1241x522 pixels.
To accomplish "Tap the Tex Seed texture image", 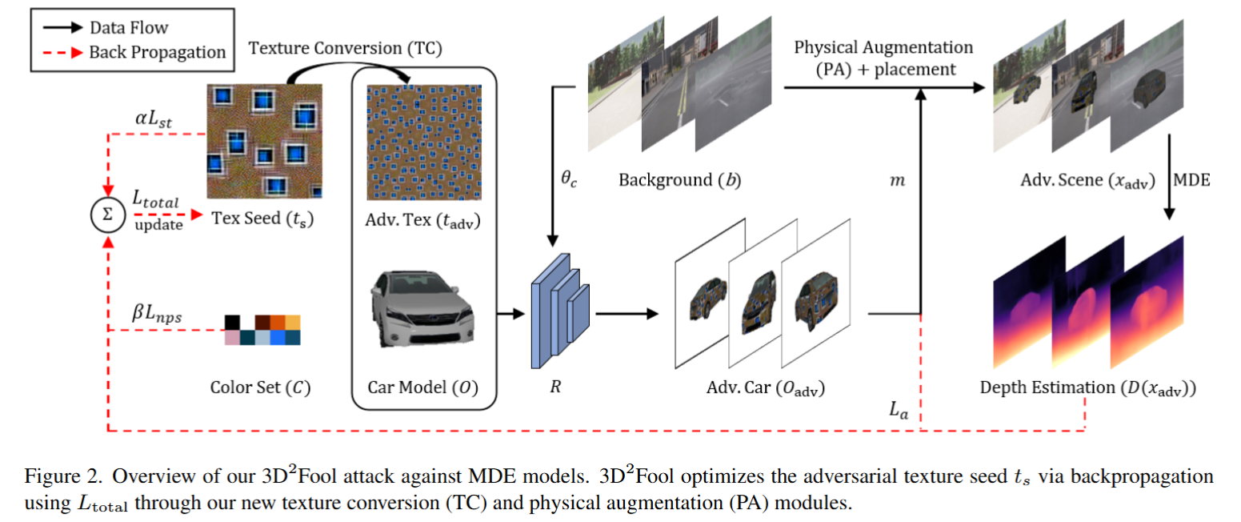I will tap(265, 141).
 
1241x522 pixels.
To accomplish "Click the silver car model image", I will tap(422, 308).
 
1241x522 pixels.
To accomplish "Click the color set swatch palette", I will tap(262, 330).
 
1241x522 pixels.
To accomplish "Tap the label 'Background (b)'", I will tap(679, 179).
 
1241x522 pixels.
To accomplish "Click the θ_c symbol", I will tap(569, 180).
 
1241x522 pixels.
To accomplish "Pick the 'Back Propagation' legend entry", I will tap(158, 53).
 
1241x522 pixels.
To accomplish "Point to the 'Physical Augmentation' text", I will tap(883, 47).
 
